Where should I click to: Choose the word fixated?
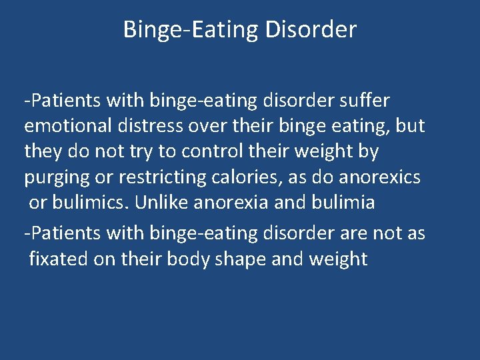[59, 259]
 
